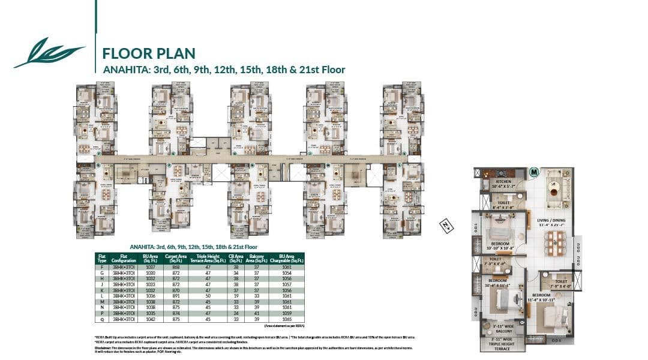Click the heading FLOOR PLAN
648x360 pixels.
click(x=149, y=53)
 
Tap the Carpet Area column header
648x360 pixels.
click(x=175, y=259)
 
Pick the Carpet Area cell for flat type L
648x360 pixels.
click(x=175, y=296)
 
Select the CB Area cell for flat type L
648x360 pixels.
click(x=236, y=296)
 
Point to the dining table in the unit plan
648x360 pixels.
click(x=555, y=242)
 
